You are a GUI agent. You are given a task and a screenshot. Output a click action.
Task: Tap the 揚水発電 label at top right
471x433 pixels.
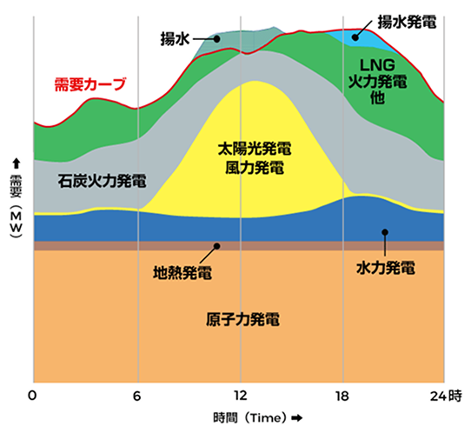coord(406,18)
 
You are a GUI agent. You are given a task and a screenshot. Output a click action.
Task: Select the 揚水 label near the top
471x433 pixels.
coord(175,39)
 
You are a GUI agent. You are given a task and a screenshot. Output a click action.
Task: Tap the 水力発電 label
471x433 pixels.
coord(385,263)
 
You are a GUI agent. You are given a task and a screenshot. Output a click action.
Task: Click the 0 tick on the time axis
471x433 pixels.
coord(32,396)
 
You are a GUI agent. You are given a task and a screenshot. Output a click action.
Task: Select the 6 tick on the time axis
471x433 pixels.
coord(137,396)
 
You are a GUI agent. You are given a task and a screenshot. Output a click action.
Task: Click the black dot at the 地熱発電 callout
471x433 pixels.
coord(217,246)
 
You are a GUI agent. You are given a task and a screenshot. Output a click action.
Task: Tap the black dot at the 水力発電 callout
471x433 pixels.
coord(383,231)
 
